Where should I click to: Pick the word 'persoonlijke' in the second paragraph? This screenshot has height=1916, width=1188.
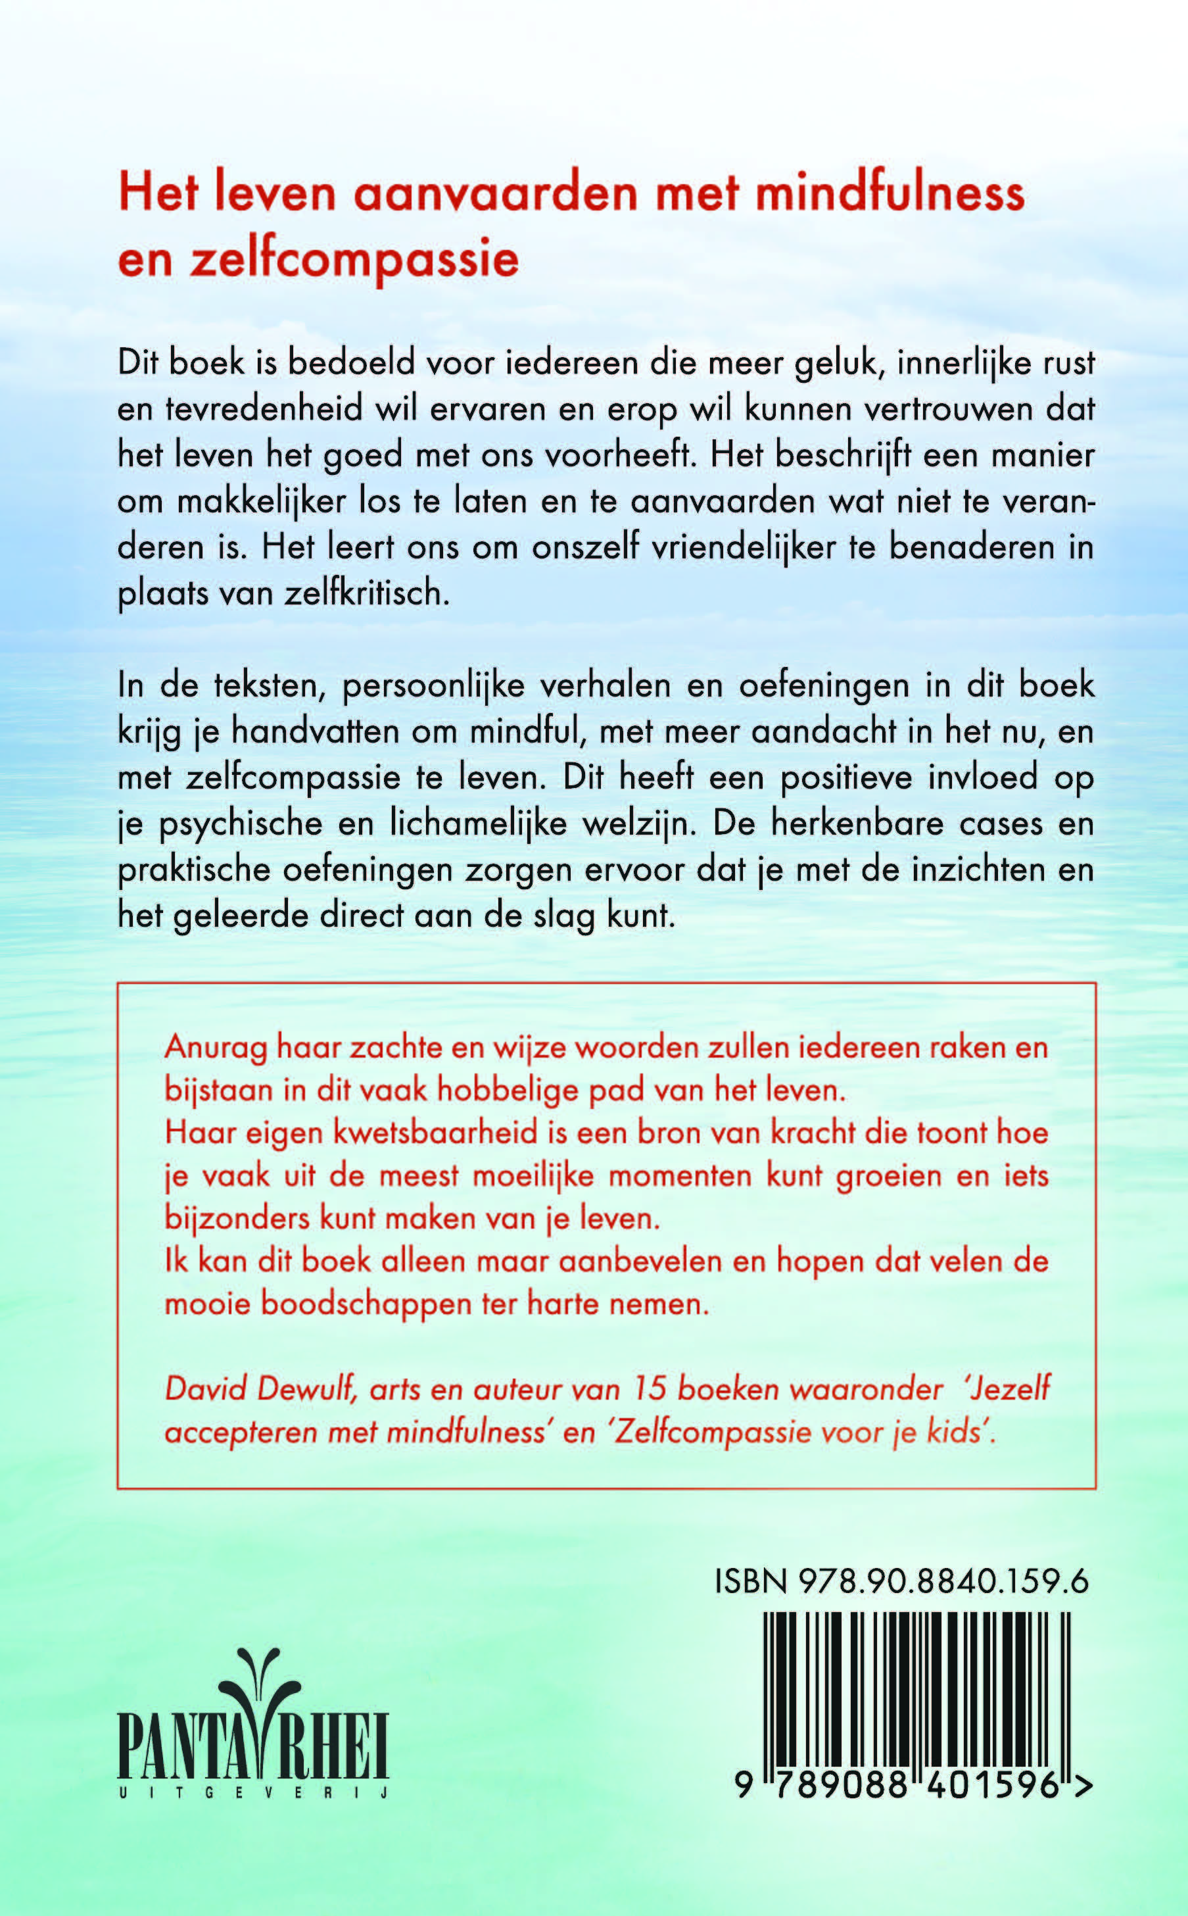[x=434, y=685]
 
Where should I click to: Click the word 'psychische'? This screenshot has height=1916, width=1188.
[x=240, y=823]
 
